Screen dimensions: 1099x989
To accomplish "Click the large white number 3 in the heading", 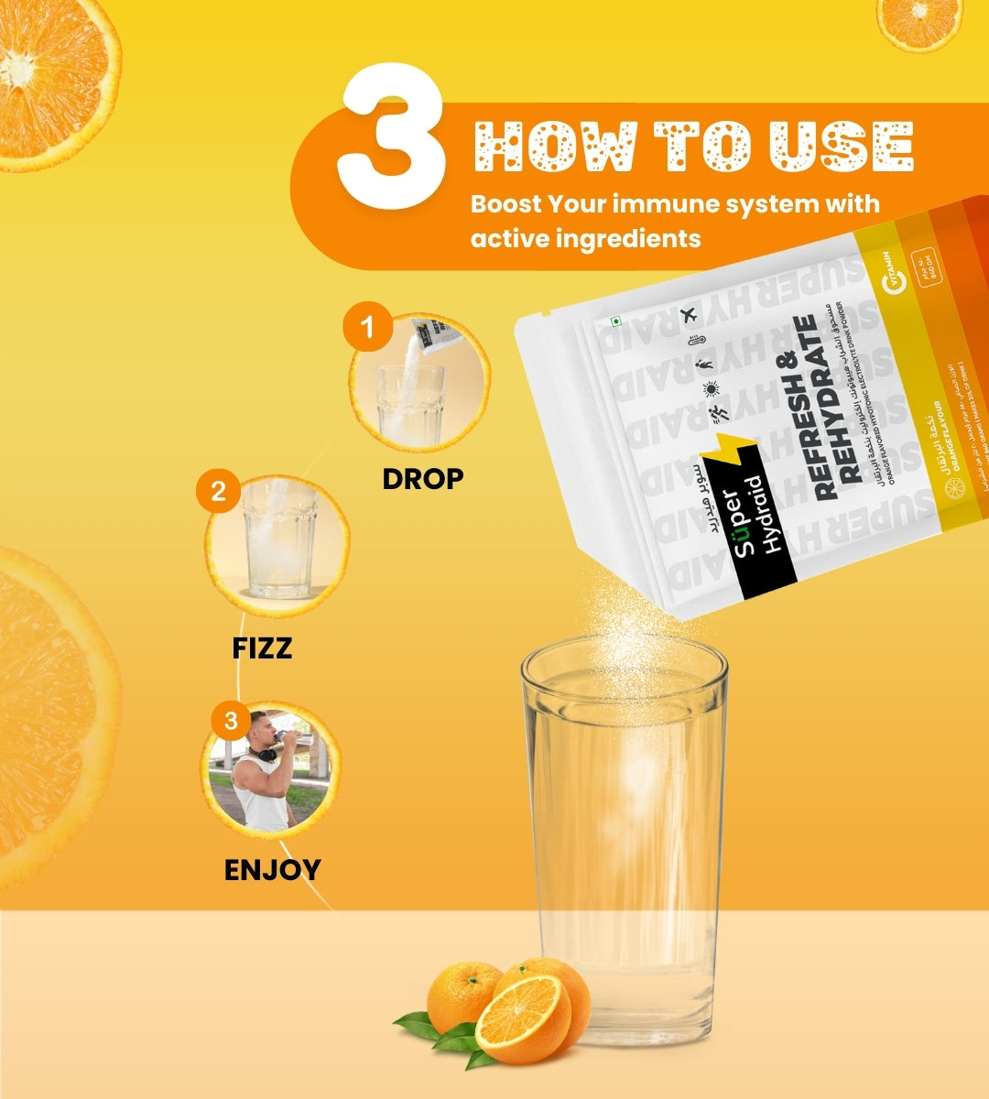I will tap(392, 137).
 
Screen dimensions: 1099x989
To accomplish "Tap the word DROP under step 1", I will tap(422, 478).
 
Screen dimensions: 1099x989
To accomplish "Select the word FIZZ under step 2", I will tap(262, 648).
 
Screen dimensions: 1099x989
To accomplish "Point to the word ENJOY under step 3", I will tap(272, 869).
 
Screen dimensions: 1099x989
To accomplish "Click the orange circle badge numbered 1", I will tap(368, 327).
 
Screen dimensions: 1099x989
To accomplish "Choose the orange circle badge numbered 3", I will tap(231, 721).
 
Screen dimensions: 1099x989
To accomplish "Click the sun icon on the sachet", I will tap(711, 390).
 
